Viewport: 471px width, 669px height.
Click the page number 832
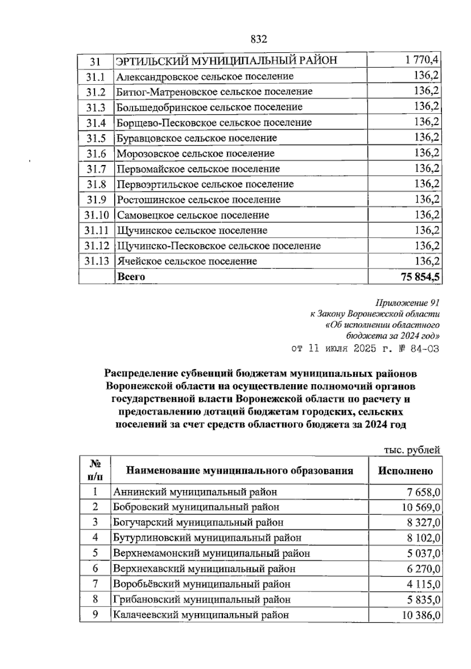point(259,39)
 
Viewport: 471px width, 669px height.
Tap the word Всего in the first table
point(131,277)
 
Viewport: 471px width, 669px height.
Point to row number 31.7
point(96,169)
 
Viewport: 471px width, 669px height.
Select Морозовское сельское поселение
point(195,154)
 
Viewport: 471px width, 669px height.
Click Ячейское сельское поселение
point(187,261)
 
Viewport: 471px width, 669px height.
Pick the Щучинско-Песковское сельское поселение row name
point(219,246)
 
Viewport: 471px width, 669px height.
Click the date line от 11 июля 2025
point(365,348)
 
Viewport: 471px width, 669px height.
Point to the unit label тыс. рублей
point(411,450)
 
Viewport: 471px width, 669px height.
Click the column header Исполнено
point(405,471)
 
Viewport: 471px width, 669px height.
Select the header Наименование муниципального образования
point(239,471)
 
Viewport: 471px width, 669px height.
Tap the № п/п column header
point(95,470)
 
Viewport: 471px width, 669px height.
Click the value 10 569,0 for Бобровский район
point(420,507)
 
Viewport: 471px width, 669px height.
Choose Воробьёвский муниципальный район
point(202,584)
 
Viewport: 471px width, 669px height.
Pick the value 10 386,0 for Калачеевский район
point(420,615)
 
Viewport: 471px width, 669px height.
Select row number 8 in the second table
point(95,599)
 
